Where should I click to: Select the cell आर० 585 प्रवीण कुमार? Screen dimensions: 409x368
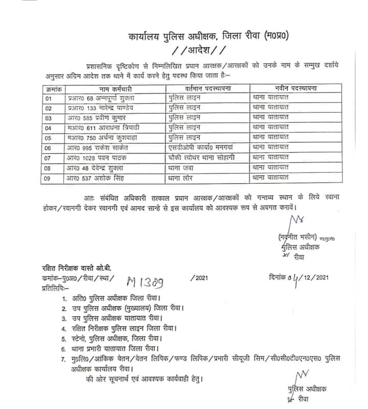[88, 118]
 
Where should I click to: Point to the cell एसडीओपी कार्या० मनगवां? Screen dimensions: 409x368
[204, 147]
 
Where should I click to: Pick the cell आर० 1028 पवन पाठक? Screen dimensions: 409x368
[89, 157]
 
